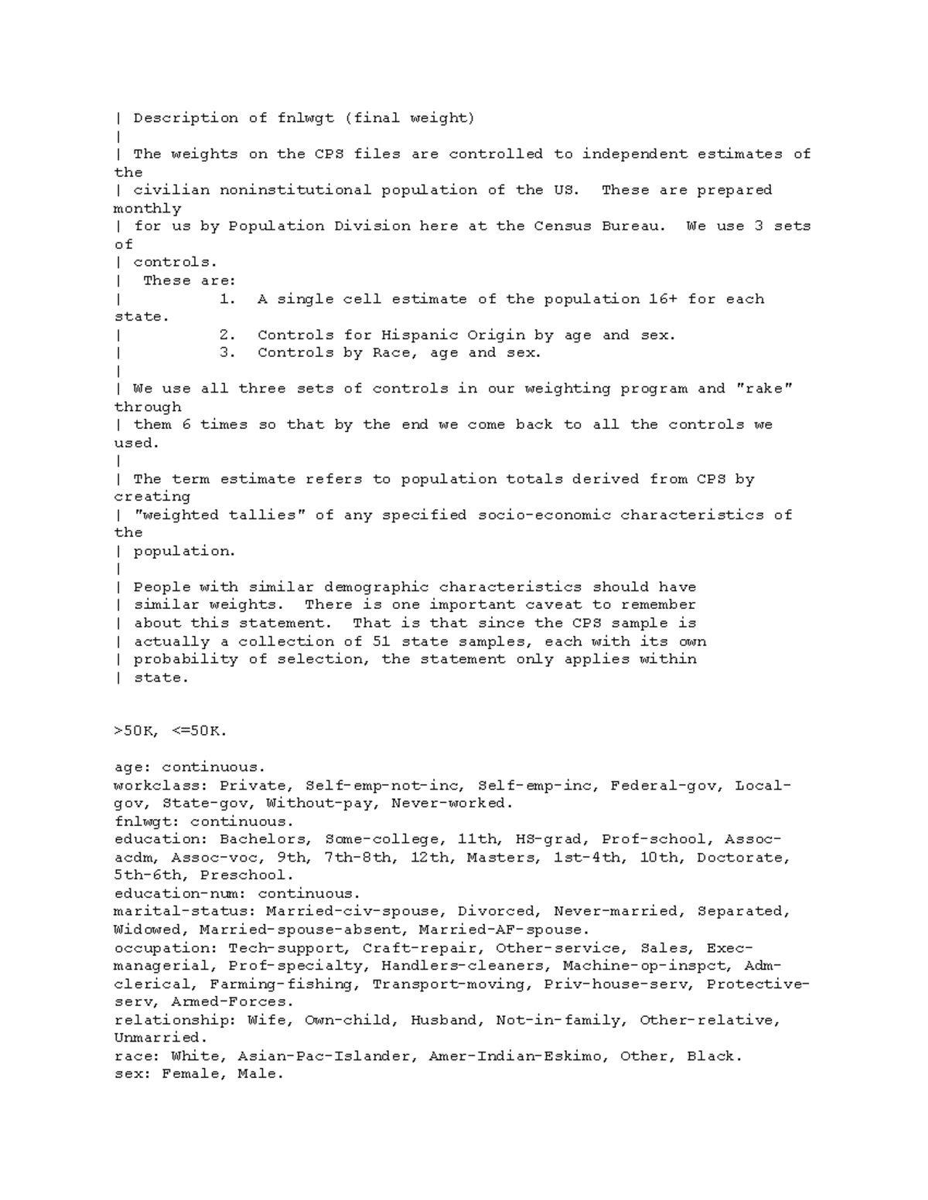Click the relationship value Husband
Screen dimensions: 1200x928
[x=443, y=1020]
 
